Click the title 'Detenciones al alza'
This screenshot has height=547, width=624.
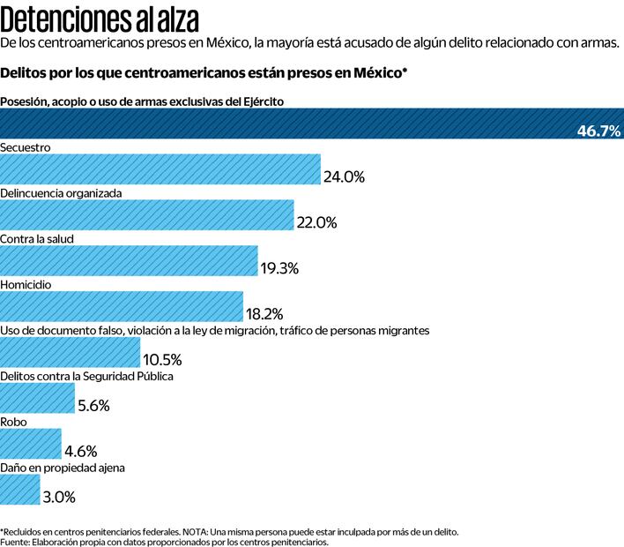point(99,17)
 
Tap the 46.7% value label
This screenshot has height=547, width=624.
point(599,131)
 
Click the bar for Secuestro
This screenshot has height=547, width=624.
point(160,169)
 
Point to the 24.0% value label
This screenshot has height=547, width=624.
point(344,176)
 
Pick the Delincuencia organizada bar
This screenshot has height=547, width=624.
point(146,215)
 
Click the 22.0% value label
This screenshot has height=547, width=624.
point(316,223)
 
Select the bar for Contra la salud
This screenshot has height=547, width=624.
point(129,261)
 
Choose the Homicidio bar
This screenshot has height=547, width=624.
point(122,307)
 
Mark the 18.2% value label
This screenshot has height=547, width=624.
point(265,314)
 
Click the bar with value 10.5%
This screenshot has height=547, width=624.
point(70,353)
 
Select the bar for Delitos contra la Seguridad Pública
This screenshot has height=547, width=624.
point(37,399)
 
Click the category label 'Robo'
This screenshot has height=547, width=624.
point(14,422)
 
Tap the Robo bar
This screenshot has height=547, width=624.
point(31,444)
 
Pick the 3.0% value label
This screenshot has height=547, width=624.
point(59,497)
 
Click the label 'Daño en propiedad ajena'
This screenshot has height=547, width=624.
point(63,468)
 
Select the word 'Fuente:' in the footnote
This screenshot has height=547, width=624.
point(17,543)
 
